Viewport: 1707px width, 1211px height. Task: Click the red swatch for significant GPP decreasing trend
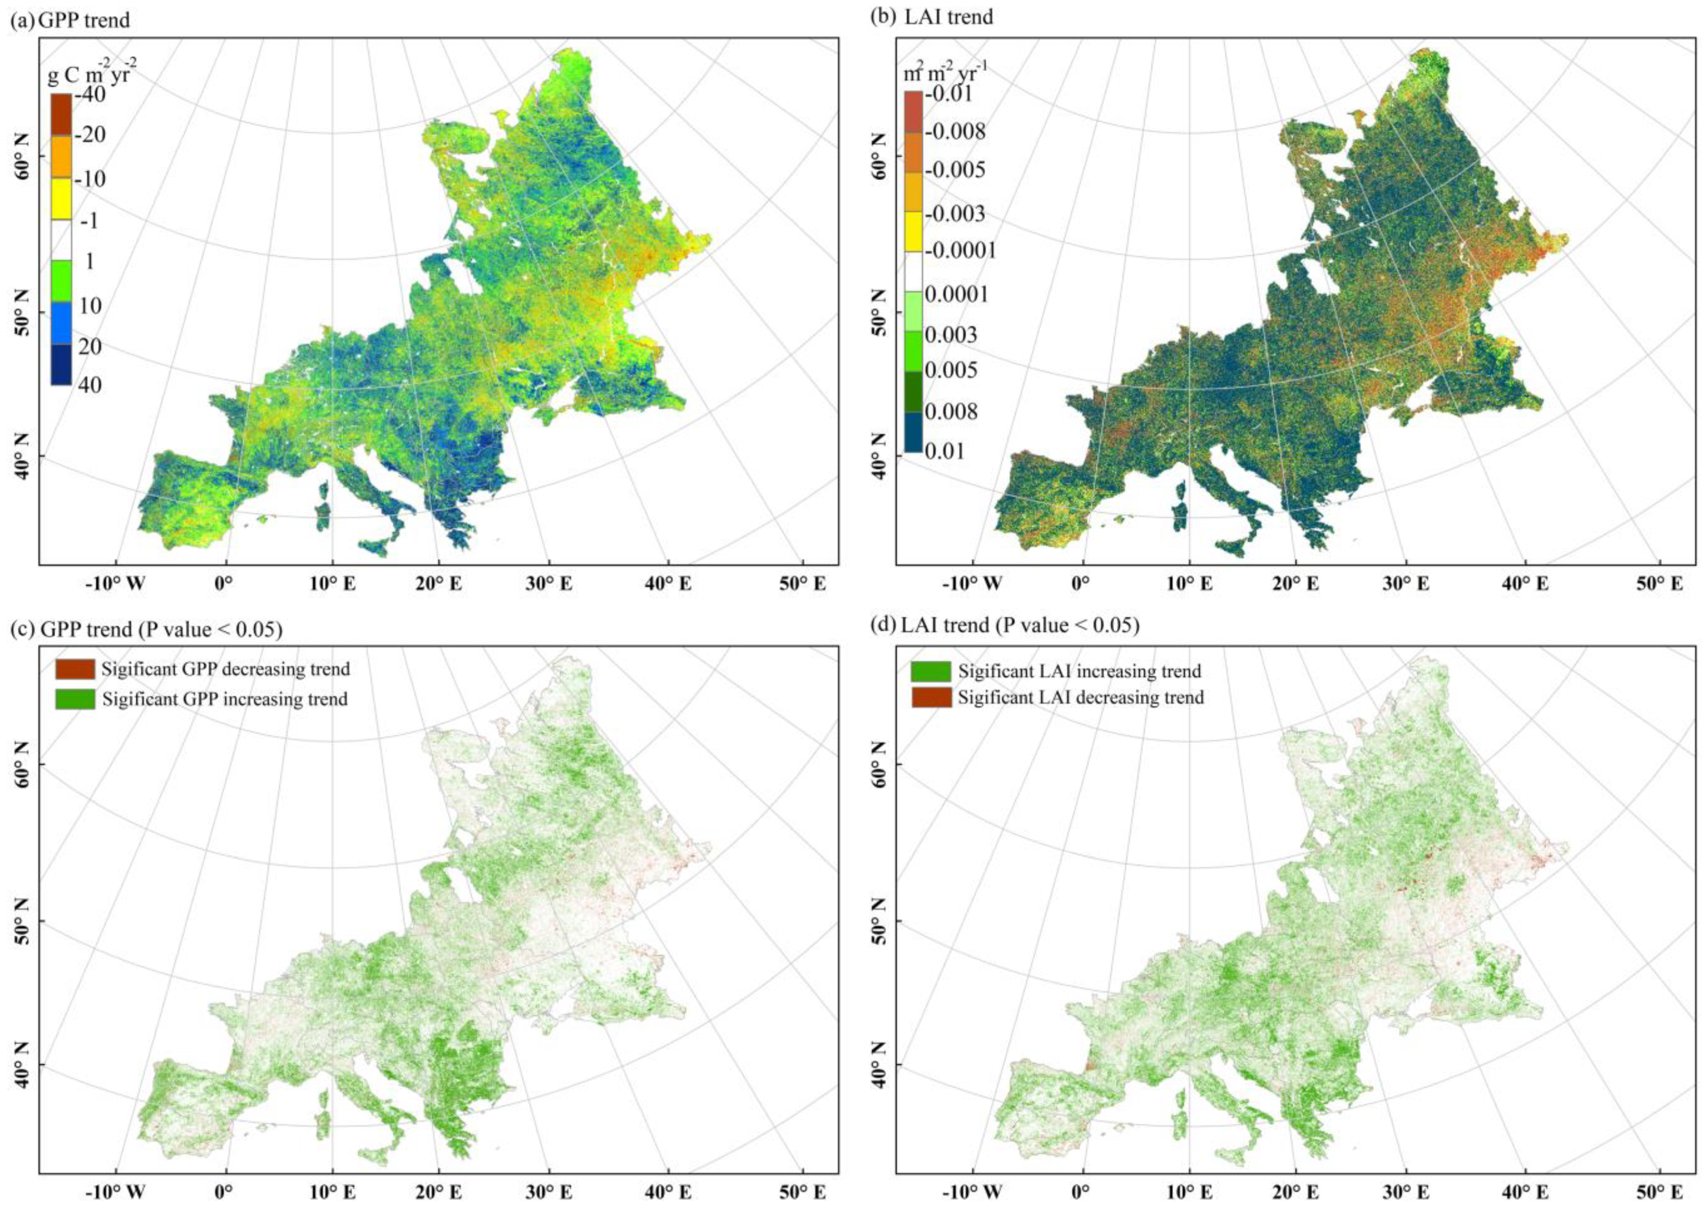(x=75, y=669)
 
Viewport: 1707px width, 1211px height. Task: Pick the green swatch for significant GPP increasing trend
(x=75, y=699)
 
